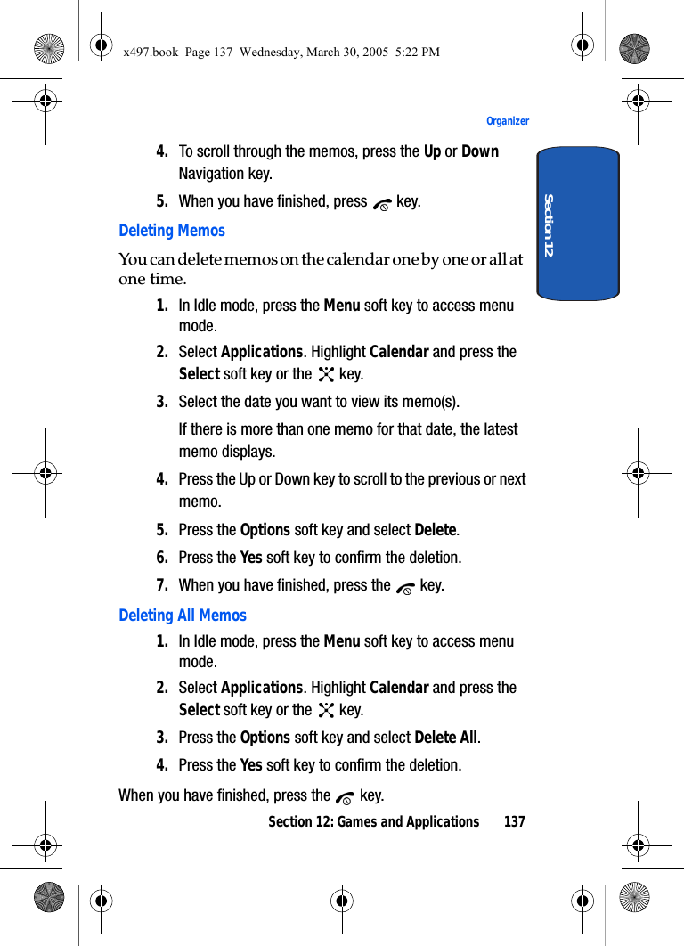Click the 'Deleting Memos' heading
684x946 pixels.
coord(172,231)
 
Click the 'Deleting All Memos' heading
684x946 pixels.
coord(183,616)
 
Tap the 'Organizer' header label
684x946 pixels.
coord(508,121)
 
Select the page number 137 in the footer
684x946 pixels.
coord(514,821)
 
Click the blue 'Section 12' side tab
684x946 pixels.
coord(578,224)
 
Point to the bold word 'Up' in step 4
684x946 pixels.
coord(432,151)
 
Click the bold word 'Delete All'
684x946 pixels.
coord(446,738)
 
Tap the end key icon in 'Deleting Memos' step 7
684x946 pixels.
coord(405,587)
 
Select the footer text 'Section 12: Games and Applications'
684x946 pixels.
coord(373,821)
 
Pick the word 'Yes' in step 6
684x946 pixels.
coord(251,558)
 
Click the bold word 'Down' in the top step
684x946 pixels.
coord(480,151)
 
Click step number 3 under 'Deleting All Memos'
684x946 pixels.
coord(163,738)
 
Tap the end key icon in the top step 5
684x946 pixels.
coord(382,203)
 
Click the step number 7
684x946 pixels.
coord(163,585)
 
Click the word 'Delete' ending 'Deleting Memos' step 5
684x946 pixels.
coord(436,530)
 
